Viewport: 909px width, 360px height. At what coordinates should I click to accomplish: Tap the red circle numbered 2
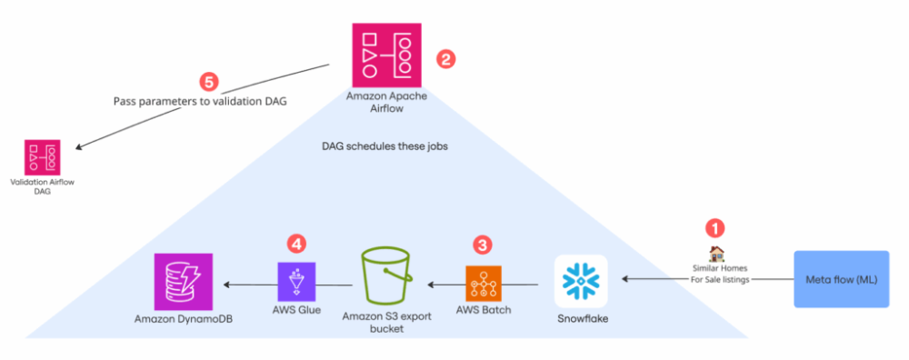[445, 59]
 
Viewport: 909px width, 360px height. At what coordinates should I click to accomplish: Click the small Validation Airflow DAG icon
[43, 157]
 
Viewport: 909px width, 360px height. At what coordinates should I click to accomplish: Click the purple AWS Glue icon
[296, 281]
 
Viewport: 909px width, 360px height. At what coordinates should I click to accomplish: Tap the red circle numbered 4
[296, 243]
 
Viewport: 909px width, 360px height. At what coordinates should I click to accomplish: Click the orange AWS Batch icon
[483, 284]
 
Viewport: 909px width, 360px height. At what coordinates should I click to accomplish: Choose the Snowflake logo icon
[581, 282]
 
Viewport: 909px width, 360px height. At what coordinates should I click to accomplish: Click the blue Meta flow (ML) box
[841, 278]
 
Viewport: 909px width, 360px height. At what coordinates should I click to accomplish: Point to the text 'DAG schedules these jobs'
[385, 145]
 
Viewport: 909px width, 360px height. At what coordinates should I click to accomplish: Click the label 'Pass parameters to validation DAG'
[200, 101]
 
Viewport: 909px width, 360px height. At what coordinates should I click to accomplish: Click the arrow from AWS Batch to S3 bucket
[445, 285]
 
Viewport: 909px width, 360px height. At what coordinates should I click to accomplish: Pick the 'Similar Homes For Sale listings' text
[717, 275]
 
